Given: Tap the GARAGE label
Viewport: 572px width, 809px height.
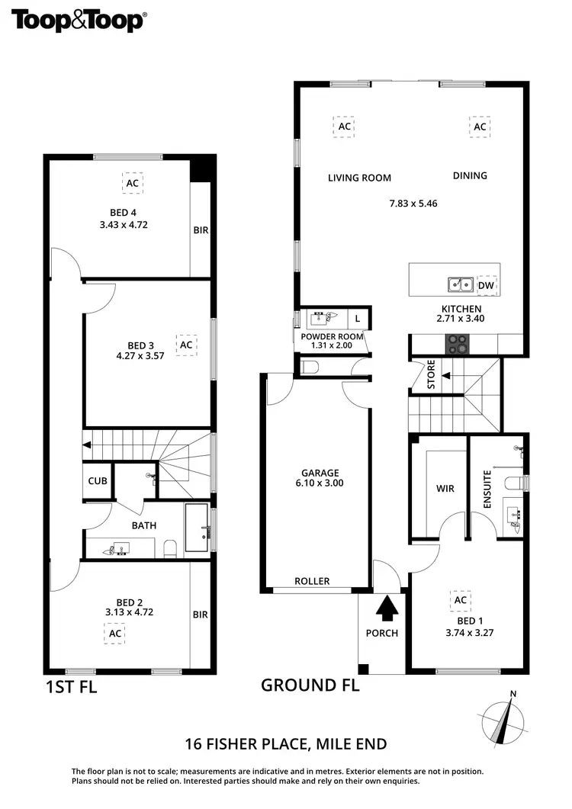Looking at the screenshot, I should [320, 473].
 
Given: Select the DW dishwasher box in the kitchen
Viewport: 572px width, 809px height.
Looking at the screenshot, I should [485, 286].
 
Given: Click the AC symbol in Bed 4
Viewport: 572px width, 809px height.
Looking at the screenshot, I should [132, 183].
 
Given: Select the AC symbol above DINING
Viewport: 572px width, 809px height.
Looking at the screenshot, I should [480, 127].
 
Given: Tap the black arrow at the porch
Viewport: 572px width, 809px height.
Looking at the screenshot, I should [387, 608].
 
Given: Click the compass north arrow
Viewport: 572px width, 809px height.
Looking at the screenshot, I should [504, 718].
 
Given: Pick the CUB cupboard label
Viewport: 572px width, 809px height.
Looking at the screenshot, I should [98, 481].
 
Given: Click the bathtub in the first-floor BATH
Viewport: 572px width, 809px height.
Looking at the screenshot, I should [197, 527].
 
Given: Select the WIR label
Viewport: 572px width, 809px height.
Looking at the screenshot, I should [445, 488].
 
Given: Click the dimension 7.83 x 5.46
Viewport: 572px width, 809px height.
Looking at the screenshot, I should [413, 204].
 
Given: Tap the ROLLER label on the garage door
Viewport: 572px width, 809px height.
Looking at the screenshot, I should [313, 581].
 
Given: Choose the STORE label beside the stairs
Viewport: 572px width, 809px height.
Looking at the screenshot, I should [431, 374].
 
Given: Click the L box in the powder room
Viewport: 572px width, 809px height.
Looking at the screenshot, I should [357, 318].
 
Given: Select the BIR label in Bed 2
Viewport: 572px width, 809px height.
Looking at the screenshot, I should [201, 614].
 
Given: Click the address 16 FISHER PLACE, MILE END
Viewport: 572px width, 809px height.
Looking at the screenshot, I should [286, 743].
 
